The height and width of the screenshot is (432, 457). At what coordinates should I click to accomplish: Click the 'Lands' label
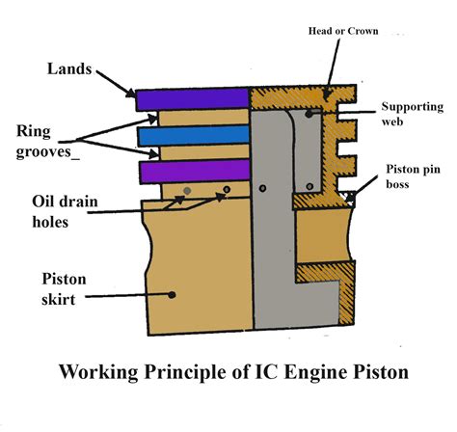(x=69, y=68)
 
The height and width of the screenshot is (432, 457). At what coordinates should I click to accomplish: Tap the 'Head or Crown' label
(x=343, y=31)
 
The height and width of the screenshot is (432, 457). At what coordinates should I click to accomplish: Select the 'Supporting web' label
(x=413, y=114)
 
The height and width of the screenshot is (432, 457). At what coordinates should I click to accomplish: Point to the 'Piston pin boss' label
(x=413, y=176)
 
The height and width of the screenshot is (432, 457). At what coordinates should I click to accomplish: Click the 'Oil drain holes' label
(x=65, y=211)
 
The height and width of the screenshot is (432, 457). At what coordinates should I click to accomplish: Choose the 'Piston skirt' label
(x=64, y=289)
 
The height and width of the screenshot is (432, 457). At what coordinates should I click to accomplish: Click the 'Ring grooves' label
(x=47, y=142)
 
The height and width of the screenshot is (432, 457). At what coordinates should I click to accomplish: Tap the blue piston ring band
(x=194, y=135)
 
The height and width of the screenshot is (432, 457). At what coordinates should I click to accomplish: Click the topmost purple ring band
(x=192, y=99)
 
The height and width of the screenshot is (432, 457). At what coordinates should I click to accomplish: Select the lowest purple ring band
(x=195, y=171)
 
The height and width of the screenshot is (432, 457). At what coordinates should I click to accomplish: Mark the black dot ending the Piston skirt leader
(x=172, y=294)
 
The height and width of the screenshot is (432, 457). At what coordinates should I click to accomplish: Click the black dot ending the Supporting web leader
(x=309, y=114)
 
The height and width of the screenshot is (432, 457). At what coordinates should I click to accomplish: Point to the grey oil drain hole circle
(x=187, y=191)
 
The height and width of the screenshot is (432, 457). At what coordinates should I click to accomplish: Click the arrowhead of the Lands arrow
(x=131, y=93)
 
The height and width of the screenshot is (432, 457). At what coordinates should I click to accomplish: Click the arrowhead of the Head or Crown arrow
(x=327, y=94)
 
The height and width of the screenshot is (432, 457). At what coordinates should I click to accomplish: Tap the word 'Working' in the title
(x=98, y=373)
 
